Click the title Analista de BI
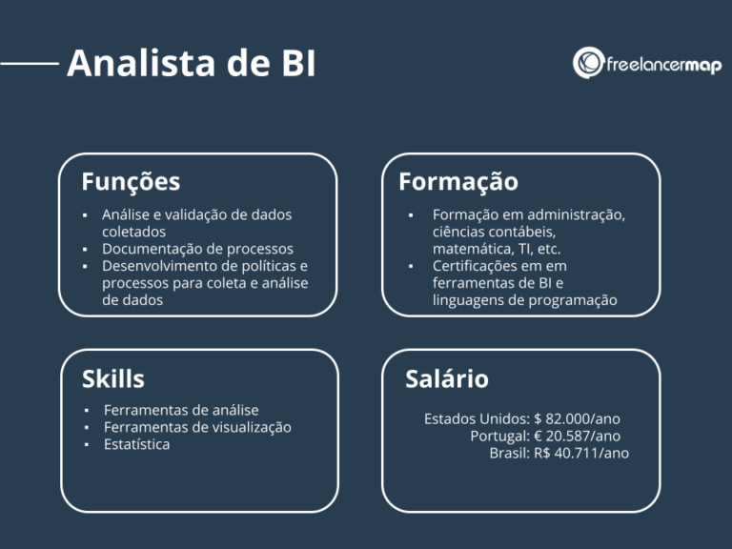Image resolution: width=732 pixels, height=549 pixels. tap(191, 65)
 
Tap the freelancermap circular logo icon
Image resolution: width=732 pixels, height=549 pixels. tap(588, 63)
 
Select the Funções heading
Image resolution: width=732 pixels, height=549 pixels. tap(131, 181)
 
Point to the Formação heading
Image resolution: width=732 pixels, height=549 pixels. tap(458, 181)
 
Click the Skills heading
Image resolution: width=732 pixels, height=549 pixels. tap(112, 378)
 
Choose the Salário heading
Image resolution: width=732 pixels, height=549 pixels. tap(446, 378)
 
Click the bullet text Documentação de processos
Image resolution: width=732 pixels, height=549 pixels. tap(197, 249)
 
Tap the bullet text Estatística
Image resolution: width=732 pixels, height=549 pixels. tap(136, 444)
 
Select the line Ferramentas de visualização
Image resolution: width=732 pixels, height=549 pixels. tap(197, 427)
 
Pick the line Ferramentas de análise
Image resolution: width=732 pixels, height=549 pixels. tap(181, 410)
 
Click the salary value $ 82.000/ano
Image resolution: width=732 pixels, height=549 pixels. tap(578, 418)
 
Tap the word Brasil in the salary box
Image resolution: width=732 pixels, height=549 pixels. tap(508, 453)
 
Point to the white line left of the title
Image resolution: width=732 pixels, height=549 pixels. tap(30, 65)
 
